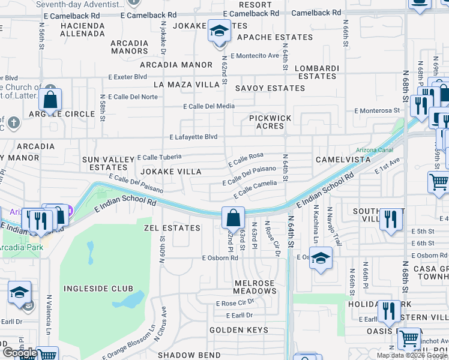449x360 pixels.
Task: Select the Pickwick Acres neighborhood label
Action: point(270,122)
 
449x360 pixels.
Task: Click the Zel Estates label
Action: point(172,228)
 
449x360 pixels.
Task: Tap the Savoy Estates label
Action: point(270,88)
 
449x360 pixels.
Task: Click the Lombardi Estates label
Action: point(318,72)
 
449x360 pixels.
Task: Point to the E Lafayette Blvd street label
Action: point(193,137)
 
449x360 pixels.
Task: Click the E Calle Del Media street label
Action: point(209,106)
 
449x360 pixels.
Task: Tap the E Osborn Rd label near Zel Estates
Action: point(220,258)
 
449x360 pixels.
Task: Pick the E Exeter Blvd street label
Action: point(128,77)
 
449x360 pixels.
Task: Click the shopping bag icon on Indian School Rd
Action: point(232,218)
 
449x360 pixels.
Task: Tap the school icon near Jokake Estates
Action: point(219,31)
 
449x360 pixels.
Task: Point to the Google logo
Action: point(19,353)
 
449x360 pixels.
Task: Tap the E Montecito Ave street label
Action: point(258,56)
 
